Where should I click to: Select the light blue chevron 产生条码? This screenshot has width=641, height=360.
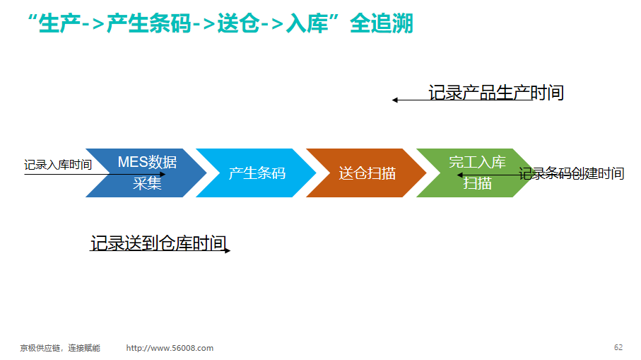(x=257, y=173)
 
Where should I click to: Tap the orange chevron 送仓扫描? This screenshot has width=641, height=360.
(x=367, y=173)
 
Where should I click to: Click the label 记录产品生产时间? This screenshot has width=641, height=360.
(x=496, y=93)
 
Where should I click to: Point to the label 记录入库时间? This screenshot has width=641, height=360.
(x=58, y=165)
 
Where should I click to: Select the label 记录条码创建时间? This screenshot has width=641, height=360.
(x=572, y=173)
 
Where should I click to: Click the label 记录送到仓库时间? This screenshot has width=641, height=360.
(x=158, y=243)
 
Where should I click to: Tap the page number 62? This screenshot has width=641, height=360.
(x=618, y=347)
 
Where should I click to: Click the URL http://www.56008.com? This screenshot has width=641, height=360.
(x=170, y=348)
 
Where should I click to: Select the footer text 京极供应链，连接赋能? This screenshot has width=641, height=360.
(x=60, y=348)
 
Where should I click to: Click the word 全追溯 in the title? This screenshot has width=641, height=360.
(x=382, y=23)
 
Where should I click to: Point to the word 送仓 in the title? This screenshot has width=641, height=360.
(x=238, y=23)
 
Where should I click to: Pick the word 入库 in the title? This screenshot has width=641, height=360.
(x=307, y=23)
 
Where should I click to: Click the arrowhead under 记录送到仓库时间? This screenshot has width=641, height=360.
(x=228, y=250)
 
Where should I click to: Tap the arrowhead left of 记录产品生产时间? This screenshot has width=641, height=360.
(x=394, y=100)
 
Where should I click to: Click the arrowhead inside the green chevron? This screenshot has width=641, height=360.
(x=460, y=175)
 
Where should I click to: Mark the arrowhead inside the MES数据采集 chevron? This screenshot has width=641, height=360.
(x=163, y=174)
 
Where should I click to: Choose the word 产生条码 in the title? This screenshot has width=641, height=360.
(x=149, y=23)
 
